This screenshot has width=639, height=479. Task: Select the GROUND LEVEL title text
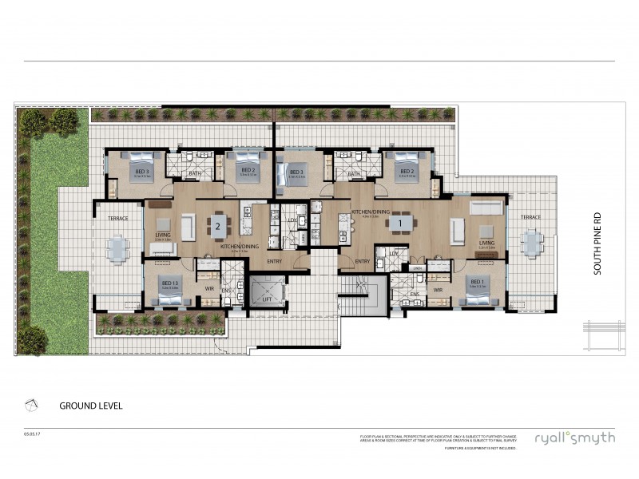click(x=90, y=406)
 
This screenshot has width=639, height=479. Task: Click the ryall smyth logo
click(x=575, y=438)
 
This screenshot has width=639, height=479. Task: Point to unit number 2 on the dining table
click(x=217, y=226)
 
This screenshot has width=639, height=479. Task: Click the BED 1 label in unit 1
click(x=477, y=281)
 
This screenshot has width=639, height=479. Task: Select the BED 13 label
click(x=169, y=283)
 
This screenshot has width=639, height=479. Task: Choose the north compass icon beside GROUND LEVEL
click(x=30, y=405)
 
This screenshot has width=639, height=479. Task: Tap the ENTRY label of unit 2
click(x=275, y=261)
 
